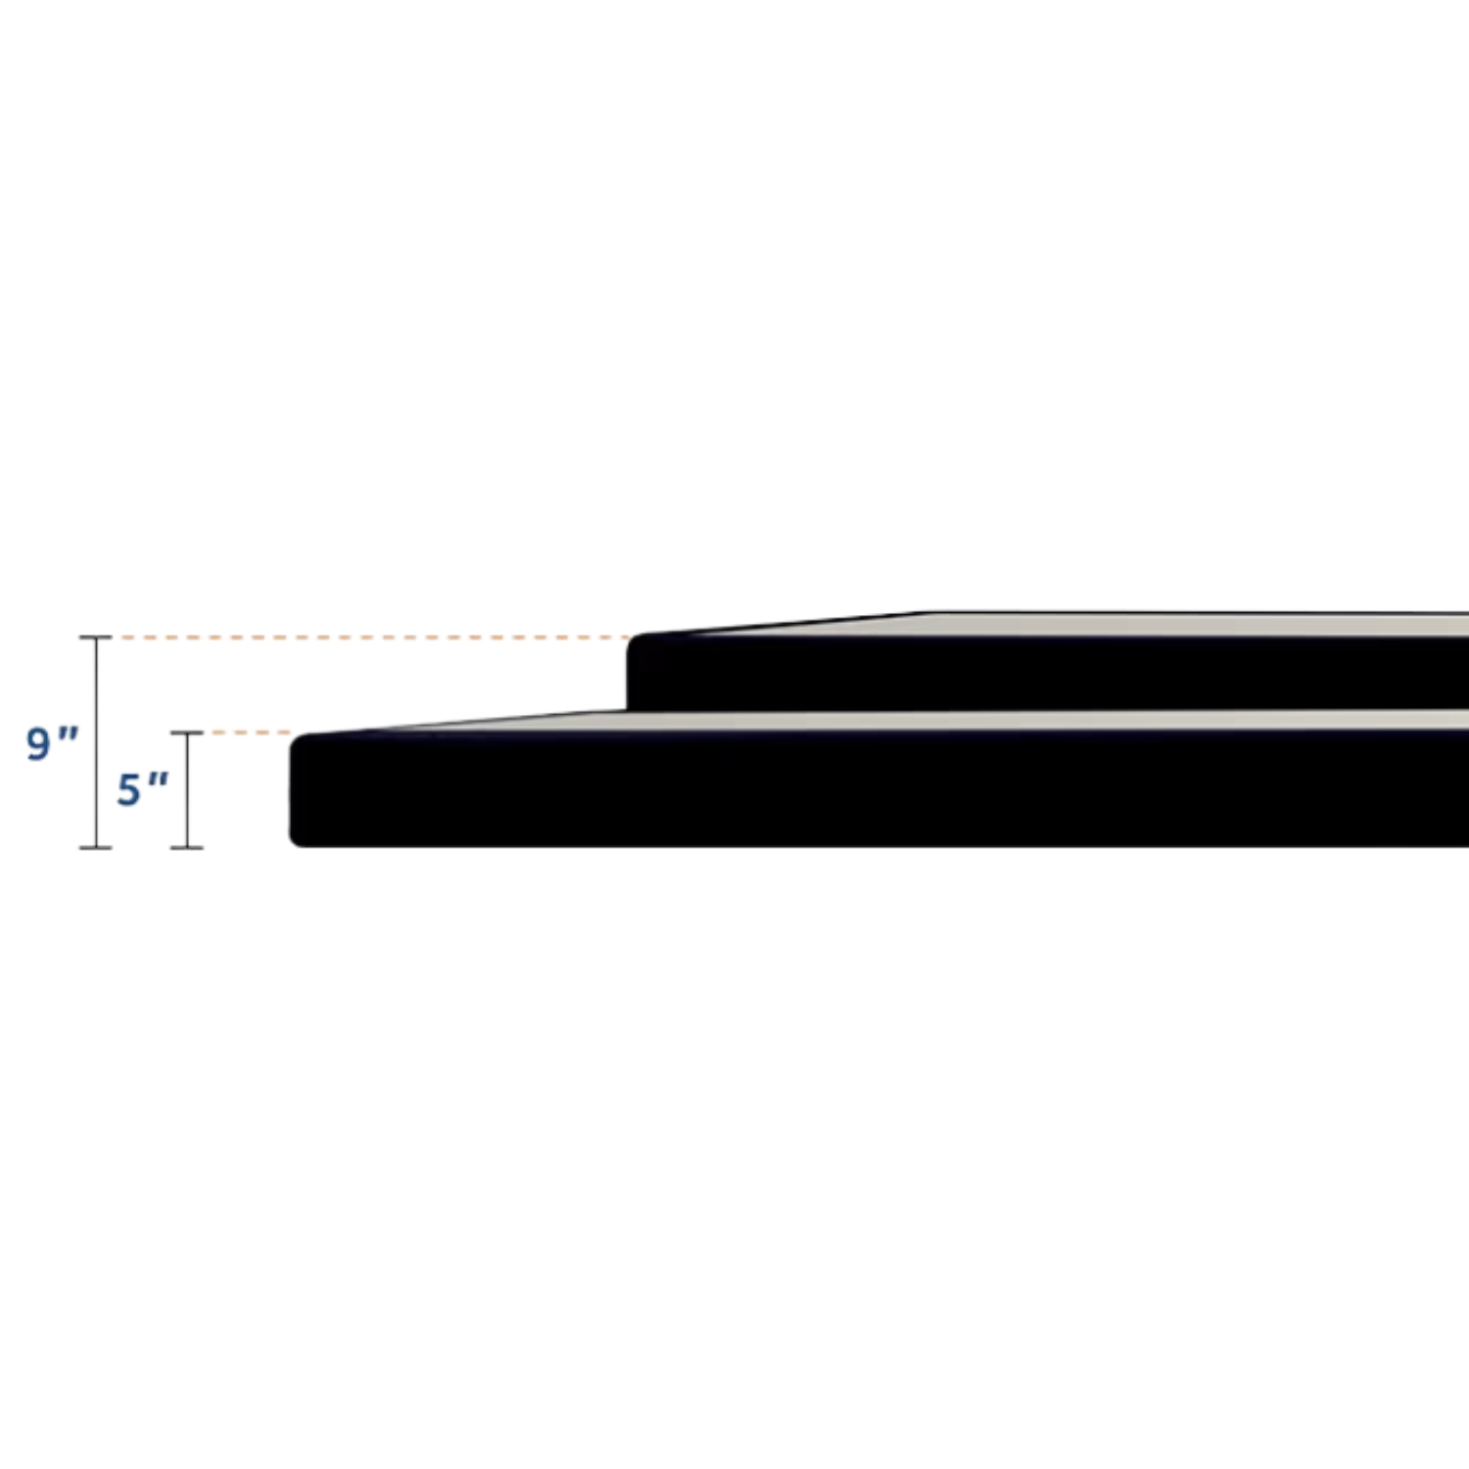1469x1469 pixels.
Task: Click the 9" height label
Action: click(51, 742)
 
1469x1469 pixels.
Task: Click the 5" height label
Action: click(142, 789)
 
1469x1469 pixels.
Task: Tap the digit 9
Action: click(38, 743)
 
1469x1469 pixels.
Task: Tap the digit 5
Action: click(128, 790)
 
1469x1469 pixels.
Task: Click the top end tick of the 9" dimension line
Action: click(96, 638)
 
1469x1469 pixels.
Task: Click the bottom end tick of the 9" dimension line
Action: click(96, 847)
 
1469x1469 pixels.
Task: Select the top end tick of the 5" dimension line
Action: click(187, 733)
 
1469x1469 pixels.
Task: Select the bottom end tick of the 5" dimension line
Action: click(187, 847)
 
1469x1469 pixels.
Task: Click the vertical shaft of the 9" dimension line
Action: click(96, 686)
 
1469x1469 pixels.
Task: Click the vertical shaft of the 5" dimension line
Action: click(187, 813)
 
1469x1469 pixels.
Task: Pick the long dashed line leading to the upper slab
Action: click(372, 638)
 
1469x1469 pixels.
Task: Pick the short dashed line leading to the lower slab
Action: click(250, 733)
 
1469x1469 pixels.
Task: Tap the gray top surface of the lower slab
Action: click(979, 720)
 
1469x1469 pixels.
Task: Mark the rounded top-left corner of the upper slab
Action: click(635, 642)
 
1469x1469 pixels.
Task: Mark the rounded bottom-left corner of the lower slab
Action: click(297, 839)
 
